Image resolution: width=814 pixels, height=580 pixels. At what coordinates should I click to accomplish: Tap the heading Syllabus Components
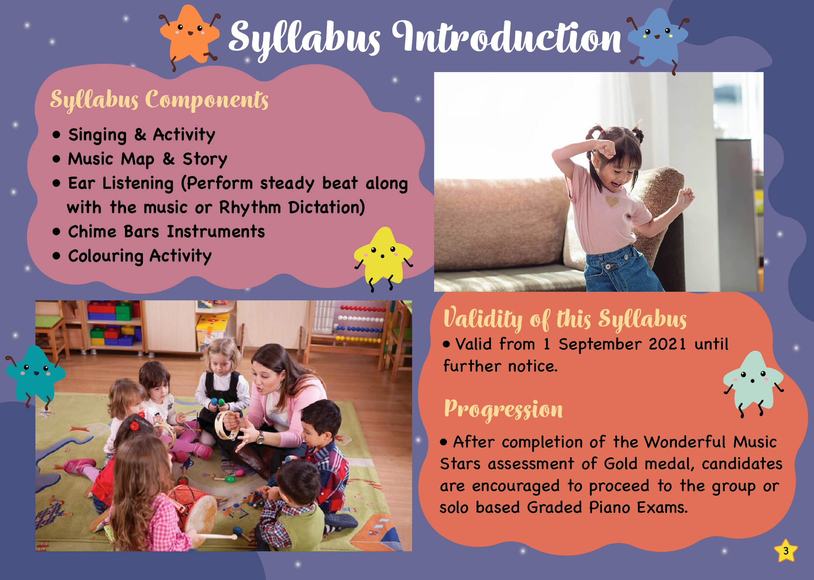[159, 100]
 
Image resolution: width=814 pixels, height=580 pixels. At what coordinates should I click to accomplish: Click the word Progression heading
[503, 410]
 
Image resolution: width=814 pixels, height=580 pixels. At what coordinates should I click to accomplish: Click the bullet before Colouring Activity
[56, 256]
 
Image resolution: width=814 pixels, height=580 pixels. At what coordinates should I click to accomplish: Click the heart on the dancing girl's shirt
[612, 202]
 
